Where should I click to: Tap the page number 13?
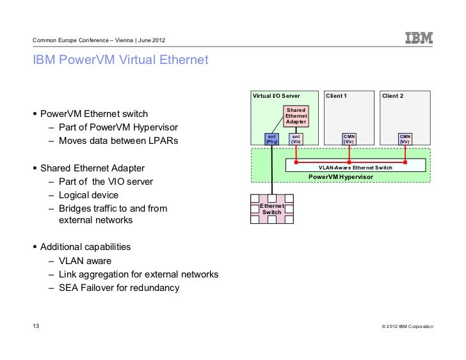click(36, 327)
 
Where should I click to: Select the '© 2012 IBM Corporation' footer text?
click(407, 327)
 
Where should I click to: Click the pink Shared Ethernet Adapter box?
click(296, 116)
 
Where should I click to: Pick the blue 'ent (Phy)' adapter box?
click(272, 139)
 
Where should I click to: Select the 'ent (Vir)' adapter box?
click(296, 139)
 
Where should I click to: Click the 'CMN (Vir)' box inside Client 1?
click(349, 139)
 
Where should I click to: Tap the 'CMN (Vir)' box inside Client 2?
click(405, 139)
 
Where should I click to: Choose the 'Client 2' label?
click(393, 96)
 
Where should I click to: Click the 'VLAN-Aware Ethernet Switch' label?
click(355, 168)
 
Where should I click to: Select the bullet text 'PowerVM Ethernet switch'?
click(95, 115)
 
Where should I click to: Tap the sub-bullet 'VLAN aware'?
click(84, 261)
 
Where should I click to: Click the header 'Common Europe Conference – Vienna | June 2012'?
click(99, 42)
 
